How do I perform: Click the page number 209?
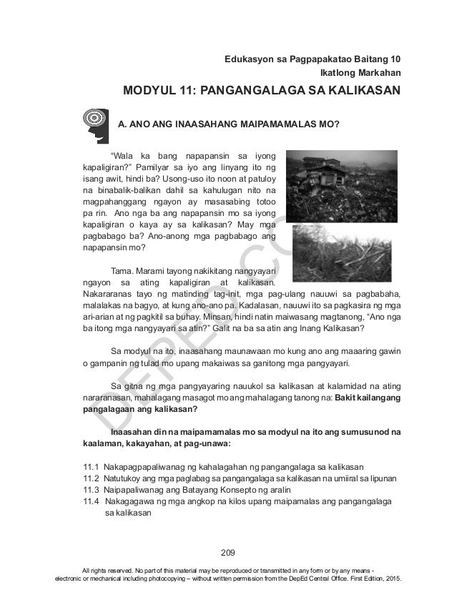pyautogui.click(x=229, y=552)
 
